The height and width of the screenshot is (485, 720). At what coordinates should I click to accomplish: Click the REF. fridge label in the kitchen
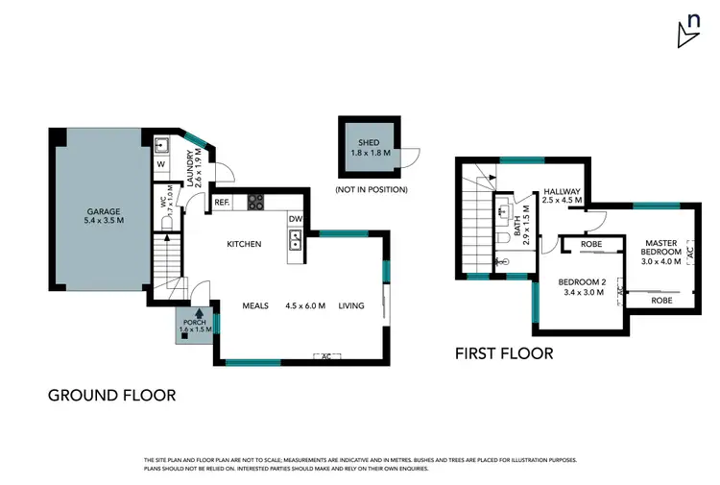tap(222, 203)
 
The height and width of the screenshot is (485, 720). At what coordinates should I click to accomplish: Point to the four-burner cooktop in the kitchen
tap(257, 202)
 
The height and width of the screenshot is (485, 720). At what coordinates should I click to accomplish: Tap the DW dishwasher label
tap(296, 219)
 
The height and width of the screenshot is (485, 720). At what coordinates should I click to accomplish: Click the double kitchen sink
tap(295, 240)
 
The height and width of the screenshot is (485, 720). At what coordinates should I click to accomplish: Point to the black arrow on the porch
tap(198, 311)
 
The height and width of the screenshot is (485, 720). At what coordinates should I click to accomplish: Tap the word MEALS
tap(256, 306)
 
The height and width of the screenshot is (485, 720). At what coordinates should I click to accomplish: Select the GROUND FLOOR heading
tap(111, 395)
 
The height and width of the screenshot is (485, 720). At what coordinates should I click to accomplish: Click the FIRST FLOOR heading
tap(504, 353)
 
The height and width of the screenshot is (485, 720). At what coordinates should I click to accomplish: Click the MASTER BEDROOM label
tap(662, 248)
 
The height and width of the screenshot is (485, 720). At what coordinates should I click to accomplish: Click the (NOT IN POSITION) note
tap(372, 189)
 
